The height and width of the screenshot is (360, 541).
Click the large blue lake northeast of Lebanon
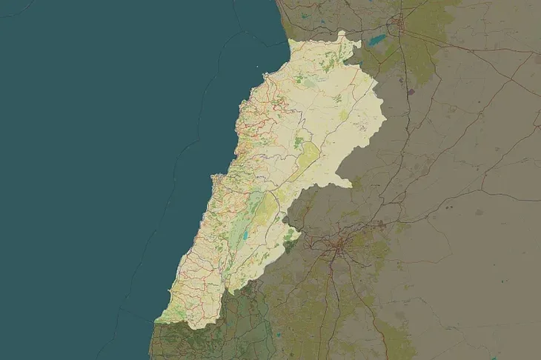point(377,40)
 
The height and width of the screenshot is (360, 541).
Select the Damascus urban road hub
point(340,249)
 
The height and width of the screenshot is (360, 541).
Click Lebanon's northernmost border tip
point(343,32)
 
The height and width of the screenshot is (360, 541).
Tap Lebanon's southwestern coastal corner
point(156,321)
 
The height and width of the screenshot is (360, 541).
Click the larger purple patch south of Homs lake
point(410,92)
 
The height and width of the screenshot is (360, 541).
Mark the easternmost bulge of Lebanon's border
point(386,119)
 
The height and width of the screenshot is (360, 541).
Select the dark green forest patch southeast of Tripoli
point(299,141)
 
